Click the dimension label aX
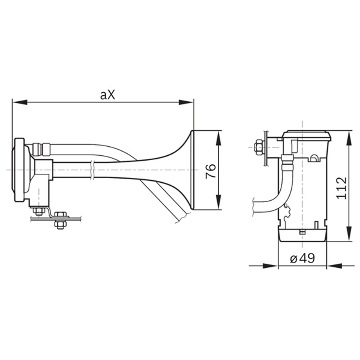[108, 94]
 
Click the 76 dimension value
[211, 171]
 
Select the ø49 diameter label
[302, 259]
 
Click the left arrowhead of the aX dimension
[20, 102]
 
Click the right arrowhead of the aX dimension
[186, 102]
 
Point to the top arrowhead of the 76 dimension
[219, 139]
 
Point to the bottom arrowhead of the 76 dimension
[219, 202]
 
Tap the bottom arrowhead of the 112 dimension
[349, 234]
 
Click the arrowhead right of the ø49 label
[334, 266]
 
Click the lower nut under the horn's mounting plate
[60, 224]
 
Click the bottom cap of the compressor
[302, 235]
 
